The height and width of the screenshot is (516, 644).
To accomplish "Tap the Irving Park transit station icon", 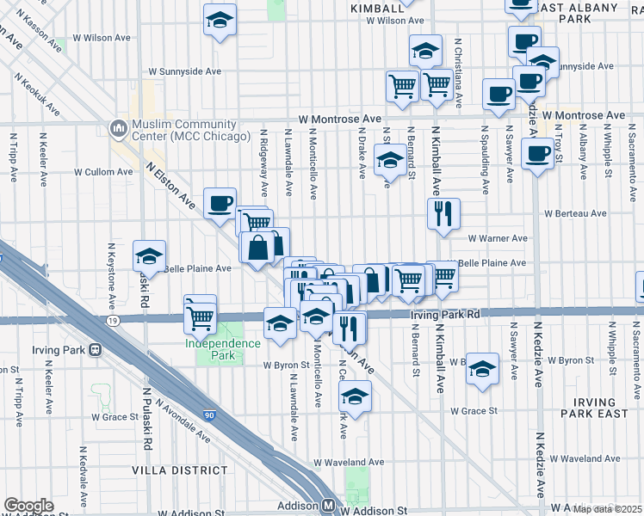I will [x=95, y=349].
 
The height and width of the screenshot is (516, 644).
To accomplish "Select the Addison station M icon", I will [x=328, y=506].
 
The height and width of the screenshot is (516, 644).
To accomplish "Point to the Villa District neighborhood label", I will [x=180, y=470].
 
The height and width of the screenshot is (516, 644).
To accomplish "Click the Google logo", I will [x=29, y=506].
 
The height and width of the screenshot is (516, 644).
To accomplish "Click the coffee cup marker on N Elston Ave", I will [x=220, y=203].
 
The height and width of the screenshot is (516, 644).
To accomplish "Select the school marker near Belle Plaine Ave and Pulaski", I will [x=149, y=256].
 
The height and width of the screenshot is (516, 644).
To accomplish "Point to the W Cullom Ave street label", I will [x=103, y=172].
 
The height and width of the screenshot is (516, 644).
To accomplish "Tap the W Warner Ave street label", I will [x=498, y=238].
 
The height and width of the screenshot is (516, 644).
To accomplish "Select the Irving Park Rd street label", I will [x=444, y=315].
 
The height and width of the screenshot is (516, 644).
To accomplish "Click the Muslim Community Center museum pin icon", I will [x=118, y=128].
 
